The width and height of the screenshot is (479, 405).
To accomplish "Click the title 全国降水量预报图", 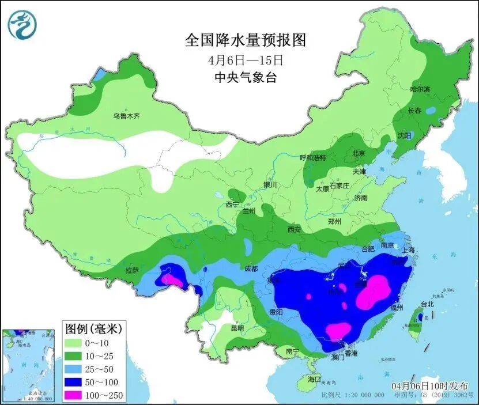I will (245, 40).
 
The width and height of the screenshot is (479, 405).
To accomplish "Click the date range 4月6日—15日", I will (245, 59).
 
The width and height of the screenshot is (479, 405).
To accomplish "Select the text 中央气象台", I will (245, 78).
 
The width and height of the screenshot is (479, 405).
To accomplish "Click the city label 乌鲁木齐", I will (126, 116).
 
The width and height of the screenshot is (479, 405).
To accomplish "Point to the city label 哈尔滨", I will (420, 89).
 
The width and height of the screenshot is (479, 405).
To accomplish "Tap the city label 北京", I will (359, 153).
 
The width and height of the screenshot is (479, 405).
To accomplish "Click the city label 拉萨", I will (132, 270).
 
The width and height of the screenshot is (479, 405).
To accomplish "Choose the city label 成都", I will (251, 268).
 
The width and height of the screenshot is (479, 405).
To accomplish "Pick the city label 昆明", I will (237, 328).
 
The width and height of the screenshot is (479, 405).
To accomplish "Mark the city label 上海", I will (408, 250).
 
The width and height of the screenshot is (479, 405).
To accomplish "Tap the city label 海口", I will (314, 380).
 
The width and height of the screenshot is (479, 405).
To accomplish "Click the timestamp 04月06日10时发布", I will (429, 385).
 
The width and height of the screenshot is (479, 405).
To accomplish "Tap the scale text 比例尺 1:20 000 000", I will (353, 395).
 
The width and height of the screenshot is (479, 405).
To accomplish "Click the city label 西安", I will (294, 229).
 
